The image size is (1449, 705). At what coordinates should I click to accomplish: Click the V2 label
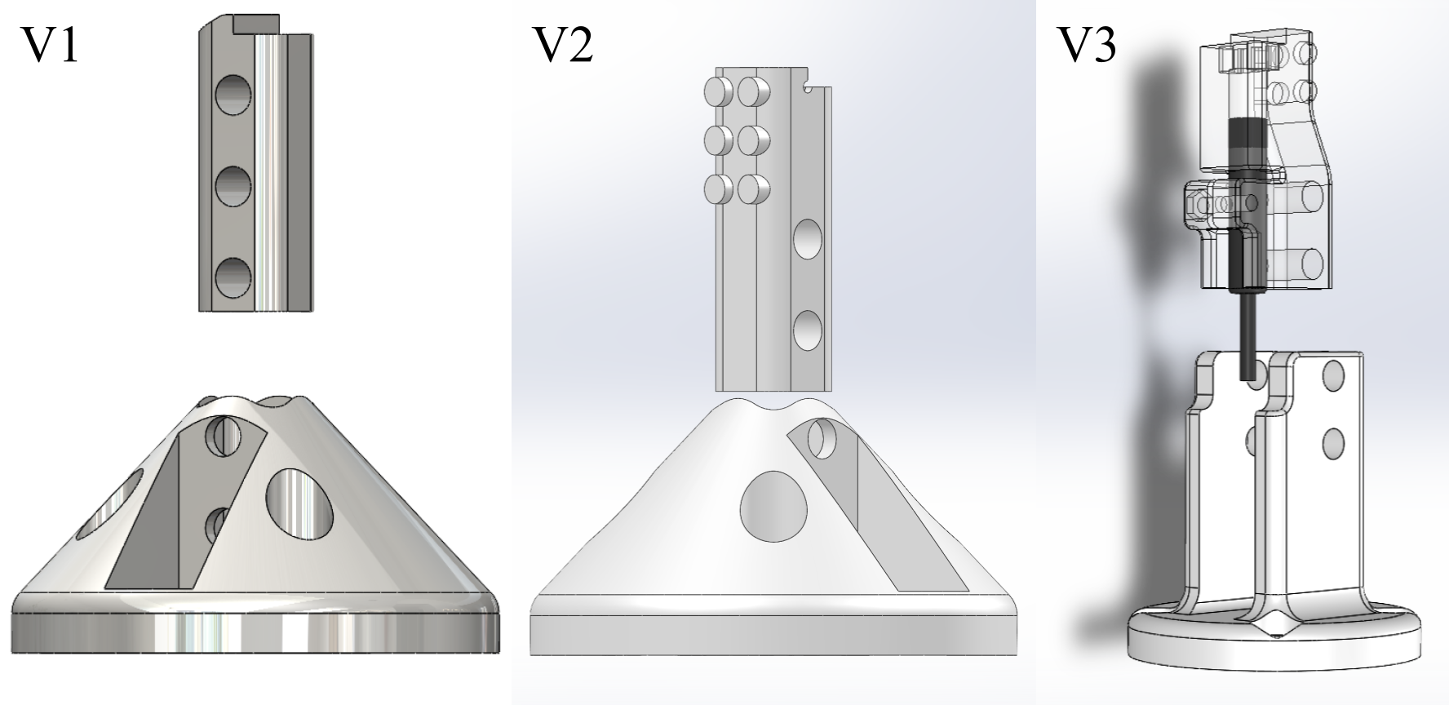point(563,47)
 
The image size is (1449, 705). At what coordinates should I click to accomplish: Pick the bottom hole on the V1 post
point(233,277)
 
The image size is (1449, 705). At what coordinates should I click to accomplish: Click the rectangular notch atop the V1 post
point(256,24)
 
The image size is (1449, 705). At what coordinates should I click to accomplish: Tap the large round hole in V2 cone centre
point(773,506)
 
